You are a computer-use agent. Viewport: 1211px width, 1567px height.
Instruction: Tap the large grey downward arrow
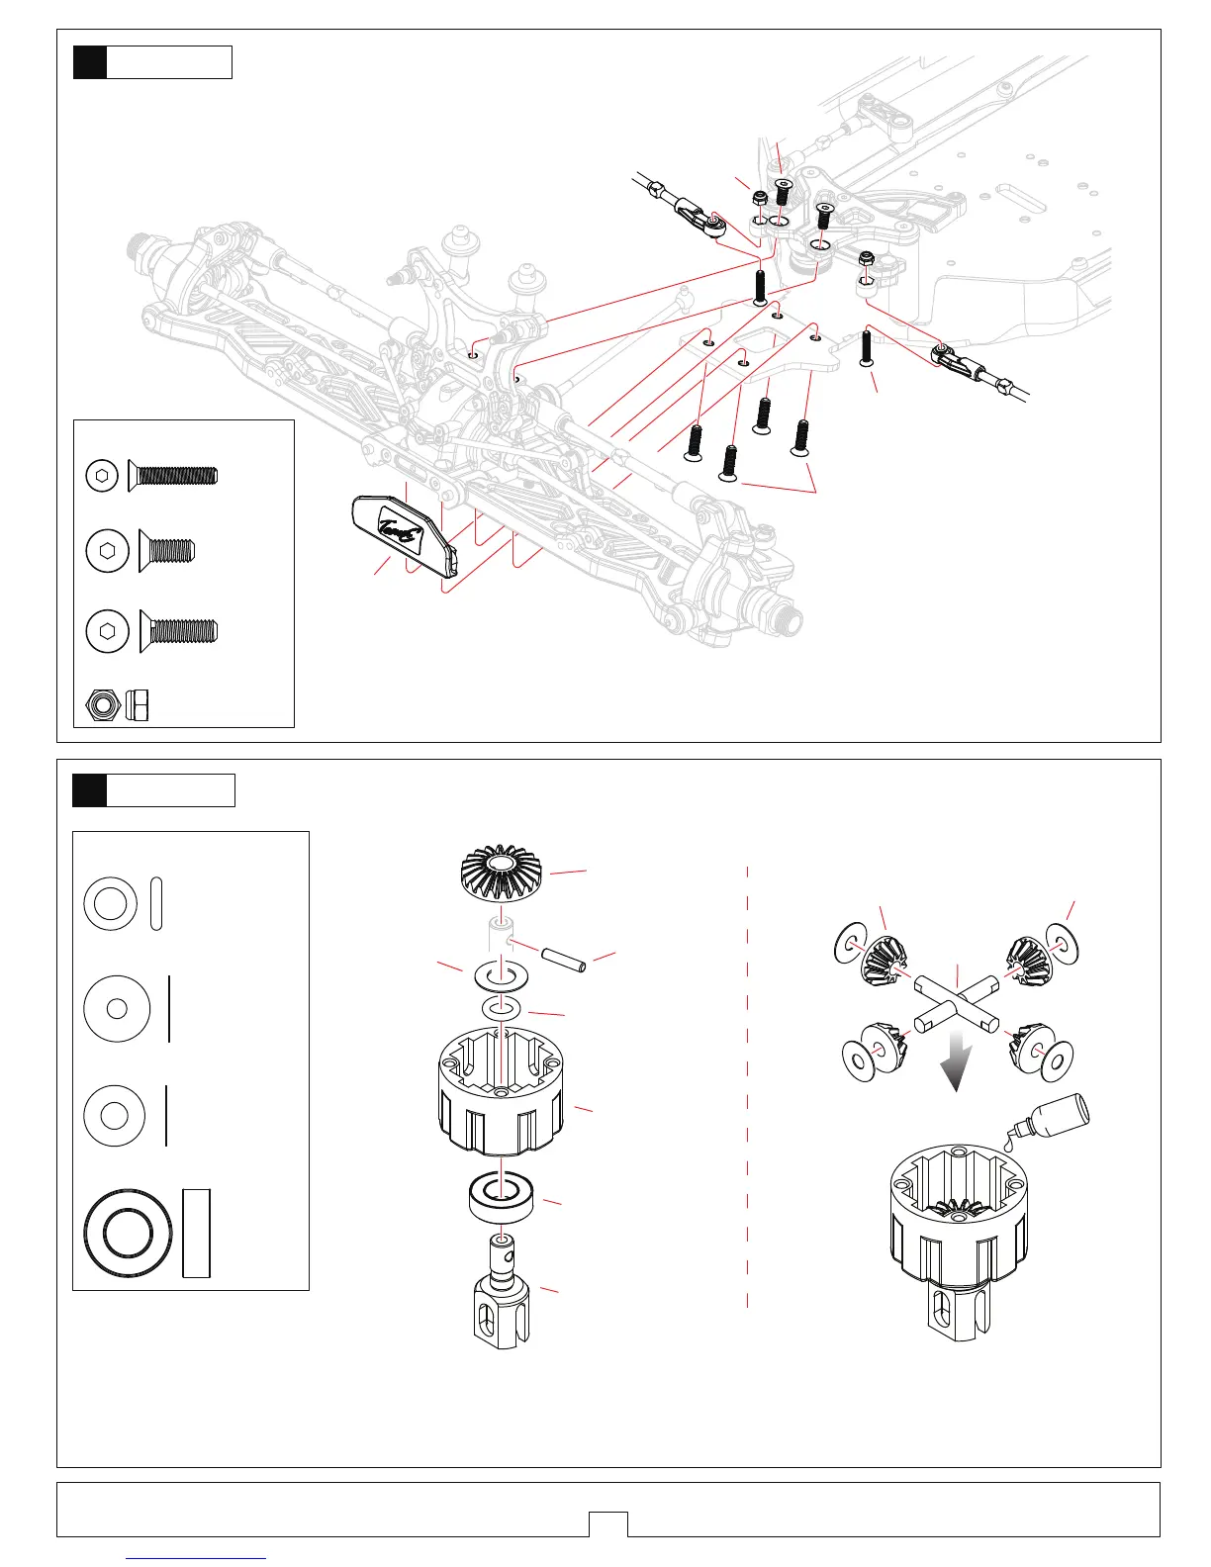(956, 1060)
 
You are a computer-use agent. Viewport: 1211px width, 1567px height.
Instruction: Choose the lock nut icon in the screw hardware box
(117, 704)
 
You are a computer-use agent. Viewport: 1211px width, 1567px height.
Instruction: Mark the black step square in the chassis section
(90, 62)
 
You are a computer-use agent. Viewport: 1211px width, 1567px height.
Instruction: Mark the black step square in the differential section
(90, 790)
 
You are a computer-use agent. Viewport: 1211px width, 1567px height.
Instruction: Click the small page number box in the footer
(607, 1523)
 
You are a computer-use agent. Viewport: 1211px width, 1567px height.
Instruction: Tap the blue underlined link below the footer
(197, 1558)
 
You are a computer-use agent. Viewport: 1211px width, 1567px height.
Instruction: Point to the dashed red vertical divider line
(747, 1088)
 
